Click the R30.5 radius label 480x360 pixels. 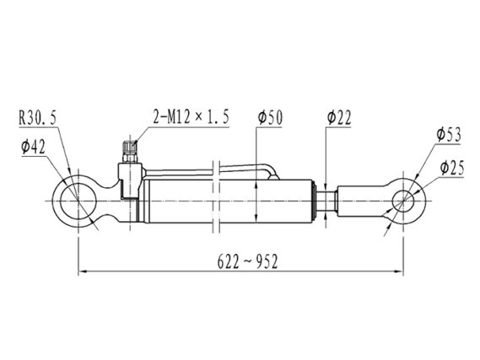[x=38, y=118]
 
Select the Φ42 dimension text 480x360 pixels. [x=33, y=148]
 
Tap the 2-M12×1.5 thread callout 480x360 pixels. [x=191, y=117]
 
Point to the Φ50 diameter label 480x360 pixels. [x=270, y=118]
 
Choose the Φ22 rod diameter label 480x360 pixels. [x=339, y=118]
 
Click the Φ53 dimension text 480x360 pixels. [x=449, y=135]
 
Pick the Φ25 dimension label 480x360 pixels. [x=452, y=168]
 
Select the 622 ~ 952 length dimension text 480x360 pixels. [x=247, y=261]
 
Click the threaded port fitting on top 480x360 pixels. [x=130, y=152]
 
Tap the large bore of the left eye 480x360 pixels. [x=78, y=201]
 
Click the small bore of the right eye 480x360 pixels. [x=403, y=201]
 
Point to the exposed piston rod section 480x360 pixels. [x=326, y=201]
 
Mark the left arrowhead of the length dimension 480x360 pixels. [x=83, y=271]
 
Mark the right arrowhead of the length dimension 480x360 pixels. [x=399, y=271]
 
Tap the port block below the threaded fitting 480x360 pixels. [x=130, y=181]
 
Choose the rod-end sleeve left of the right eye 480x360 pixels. [x=361, y=201]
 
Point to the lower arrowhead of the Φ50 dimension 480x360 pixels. [x=256, y=218]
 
